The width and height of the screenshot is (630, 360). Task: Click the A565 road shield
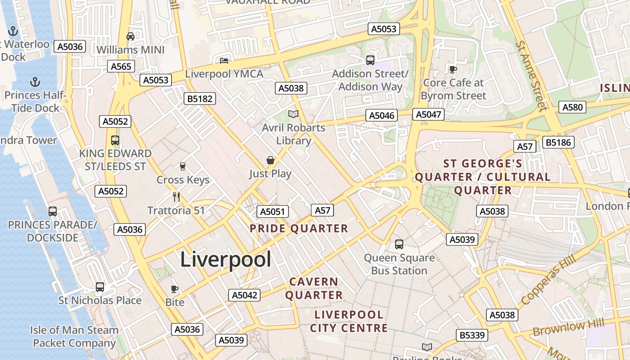point(121,67)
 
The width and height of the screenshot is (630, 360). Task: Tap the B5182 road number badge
point(200,99)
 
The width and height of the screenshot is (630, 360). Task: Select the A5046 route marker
point(382,115)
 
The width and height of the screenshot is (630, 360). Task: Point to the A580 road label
point(572,107)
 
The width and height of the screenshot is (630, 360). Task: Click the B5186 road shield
point(558,143)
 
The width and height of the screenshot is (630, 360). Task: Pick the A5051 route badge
point(273,212)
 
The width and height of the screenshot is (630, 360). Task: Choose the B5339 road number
point(472,335)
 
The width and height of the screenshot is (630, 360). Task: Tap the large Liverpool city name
point(225,260)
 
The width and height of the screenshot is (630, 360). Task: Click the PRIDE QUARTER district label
point(299,229)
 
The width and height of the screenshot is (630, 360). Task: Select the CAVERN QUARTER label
point(314,288)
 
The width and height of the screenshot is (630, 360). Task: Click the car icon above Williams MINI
point(130,36)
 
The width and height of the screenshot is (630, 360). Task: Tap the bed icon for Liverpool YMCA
point(224,60)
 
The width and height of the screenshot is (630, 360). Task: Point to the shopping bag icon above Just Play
point(270,160)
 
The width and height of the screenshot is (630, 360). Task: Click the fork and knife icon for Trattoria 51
point(176,197)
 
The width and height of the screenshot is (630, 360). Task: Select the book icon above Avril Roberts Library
point(293,114)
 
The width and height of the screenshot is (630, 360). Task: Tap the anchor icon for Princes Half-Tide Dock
point(35,82)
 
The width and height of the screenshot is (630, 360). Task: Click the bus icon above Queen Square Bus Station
point(399,244)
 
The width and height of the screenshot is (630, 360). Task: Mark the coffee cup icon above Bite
point(175,289)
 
